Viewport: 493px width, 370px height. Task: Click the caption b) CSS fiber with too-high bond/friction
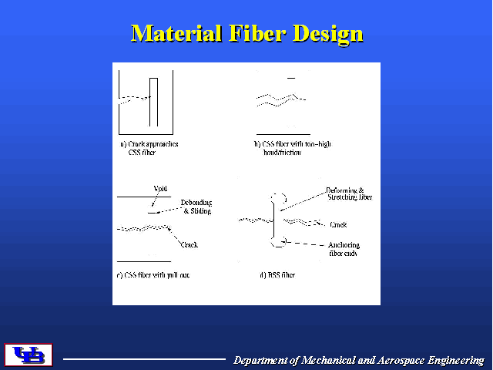[292, 148]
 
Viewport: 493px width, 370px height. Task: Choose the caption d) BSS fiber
[277, 275]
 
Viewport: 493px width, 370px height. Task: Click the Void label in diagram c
[160, 188]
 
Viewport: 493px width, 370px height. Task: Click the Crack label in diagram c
[189, 244]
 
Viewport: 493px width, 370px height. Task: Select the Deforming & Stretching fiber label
[349, 193]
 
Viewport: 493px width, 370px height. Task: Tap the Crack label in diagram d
[338, 225]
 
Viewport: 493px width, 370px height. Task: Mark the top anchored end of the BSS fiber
[279, 197]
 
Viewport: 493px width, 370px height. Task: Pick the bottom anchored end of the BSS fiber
[279, 243]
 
